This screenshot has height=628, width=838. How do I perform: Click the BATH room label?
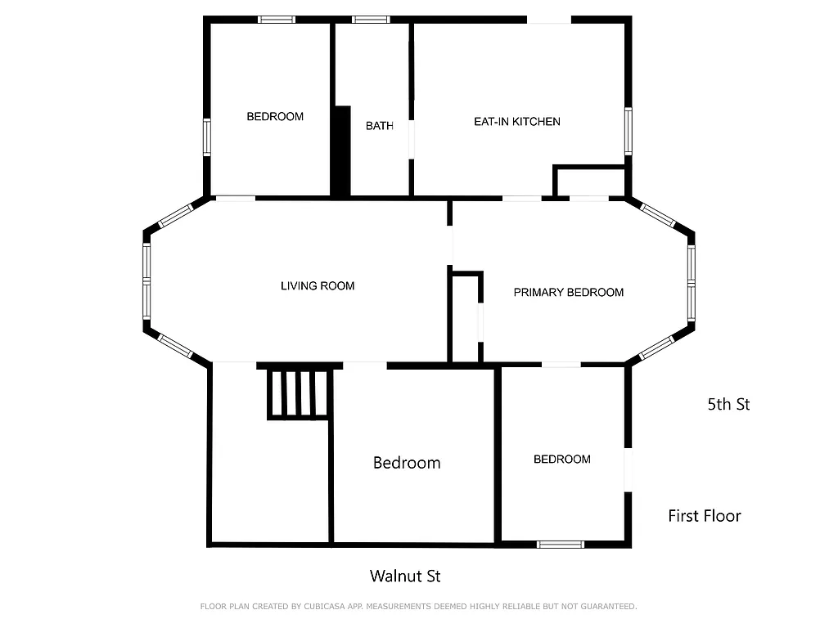click(x=379, y=126)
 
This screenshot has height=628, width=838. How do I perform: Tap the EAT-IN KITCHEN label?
click(x=517, y=122)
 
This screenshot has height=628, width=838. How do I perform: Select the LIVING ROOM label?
click(x=318, y=286)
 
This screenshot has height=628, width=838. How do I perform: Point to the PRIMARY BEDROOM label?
click(x=568, y=292)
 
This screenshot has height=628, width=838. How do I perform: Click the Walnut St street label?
click(x=405, y=576)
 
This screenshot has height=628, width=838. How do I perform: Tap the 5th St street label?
click(x=728, y=404)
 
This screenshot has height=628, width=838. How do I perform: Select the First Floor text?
click(x=704, y=516)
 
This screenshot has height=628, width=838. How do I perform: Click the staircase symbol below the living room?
click(x=300, y=393)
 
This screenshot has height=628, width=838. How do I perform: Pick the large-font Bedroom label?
click(x=407, y=463)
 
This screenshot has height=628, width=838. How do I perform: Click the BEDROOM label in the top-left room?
click(x=275, y=117)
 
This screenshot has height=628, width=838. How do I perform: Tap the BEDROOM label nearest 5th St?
click(x=561, y=460)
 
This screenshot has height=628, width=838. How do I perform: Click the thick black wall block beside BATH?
click(x=340, y=151)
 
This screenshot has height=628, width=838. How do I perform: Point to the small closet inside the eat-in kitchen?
click(x=589, y=182)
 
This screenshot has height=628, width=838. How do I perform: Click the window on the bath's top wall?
click(x=372, y=20)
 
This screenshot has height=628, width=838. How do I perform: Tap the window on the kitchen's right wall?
click(x=628, y=131)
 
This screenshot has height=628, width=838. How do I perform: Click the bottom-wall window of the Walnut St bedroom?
click(x=561, y=544)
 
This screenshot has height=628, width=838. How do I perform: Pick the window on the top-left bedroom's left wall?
click(x=207, y=137)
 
